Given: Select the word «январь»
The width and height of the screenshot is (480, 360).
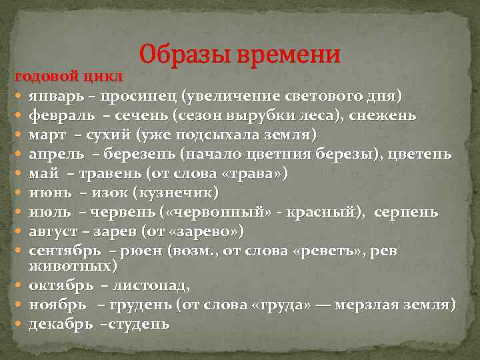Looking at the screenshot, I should pos(56,97).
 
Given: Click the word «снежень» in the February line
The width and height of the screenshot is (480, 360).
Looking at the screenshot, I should pos(389,116).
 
